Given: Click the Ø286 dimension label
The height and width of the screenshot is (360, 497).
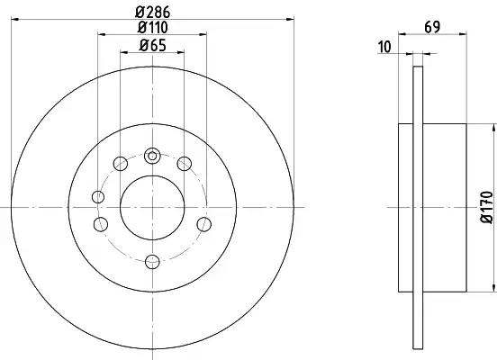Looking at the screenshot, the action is (x=153, y=12).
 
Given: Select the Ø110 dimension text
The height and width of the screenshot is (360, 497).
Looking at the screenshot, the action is (x=153, y=28).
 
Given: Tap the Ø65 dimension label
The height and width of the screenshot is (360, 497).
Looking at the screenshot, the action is (x=153, y=46).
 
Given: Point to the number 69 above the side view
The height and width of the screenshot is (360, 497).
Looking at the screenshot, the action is (x=432, y=28).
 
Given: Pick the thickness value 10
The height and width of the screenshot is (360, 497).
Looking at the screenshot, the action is (x=384, y=48).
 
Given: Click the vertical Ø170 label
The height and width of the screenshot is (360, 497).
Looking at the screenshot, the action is (x=487, y=207).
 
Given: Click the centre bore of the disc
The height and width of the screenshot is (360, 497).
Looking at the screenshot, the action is (x=152, y=207).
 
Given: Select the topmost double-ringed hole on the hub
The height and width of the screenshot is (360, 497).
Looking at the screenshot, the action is (x=152, y=156).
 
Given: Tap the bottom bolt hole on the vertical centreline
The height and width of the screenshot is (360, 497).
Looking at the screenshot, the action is (x=152, y=262).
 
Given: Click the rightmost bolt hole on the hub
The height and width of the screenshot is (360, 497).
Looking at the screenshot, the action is (x=203, y=224).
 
